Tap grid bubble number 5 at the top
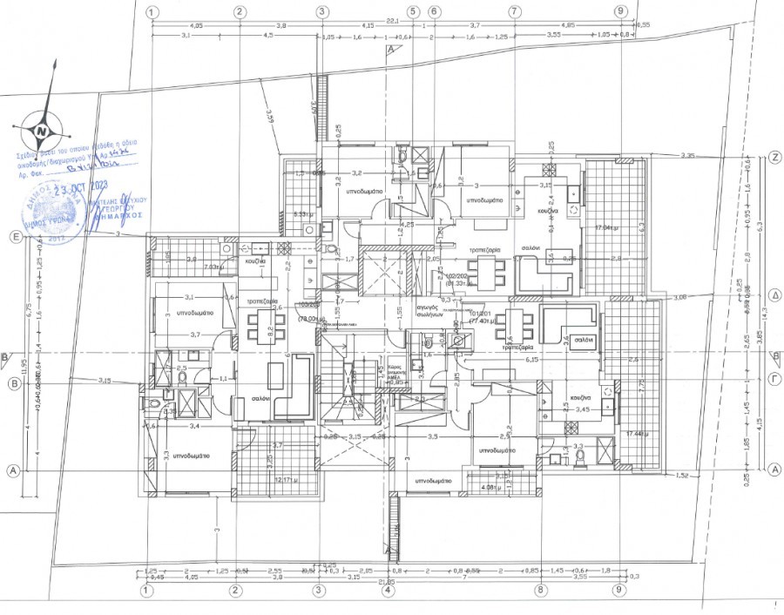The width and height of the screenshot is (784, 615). click(x=412, y=11)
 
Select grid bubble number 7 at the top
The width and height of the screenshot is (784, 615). click(x=515, y=11)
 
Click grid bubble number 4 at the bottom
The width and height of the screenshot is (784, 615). click(x=388, y=590)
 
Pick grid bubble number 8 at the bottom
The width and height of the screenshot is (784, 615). click(x=541, y=590)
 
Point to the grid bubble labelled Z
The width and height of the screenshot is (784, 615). click(x=774, y=158)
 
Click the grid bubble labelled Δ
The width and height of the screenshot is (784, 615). click(x=774, y=295)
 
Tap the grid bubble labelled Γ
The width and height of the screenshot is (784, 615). click(x=774, y=381)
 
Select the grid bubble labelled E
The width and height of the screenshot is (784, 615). click(x=14, y=236)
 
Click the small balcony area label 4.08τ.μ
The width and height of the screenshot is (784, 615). click(x=490, y=487)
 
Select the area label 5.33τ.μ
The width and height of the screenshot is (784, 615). click(x=302, y=213)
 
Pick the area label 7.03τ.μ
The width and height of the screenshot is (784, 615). click(x=214, y=267)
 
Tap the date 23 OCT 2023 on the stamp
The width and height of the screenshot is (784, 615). click(x=79, y=187)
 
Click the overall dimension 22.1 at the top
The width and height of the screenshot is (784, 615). click(x=392, y=18)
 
